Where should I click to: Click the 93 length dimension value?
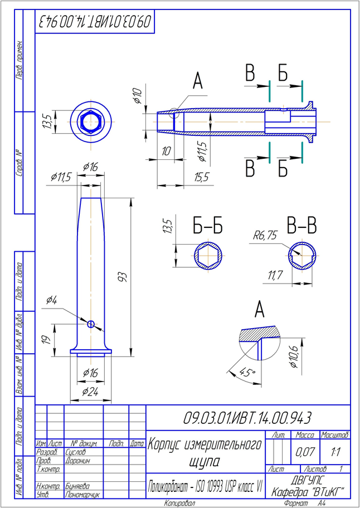pyautogui.click(x=124, y=276)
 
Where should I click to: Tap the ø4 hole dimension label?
pyautogui.click(x=51, y=300)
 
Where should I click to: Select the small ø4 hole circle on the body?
pyautogui.click(x=91, y=323)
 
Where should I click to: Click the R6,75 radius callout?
pyautogui.click(x=265, y=236)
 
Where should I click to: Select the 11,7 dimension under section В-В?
pyautogui.click(x=275, y=275)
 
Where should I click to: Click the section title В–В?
pyautogui.click(x=301, y=226)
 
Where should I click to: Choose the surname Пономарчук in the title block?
pyautogui.click(x=82, y=495)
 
